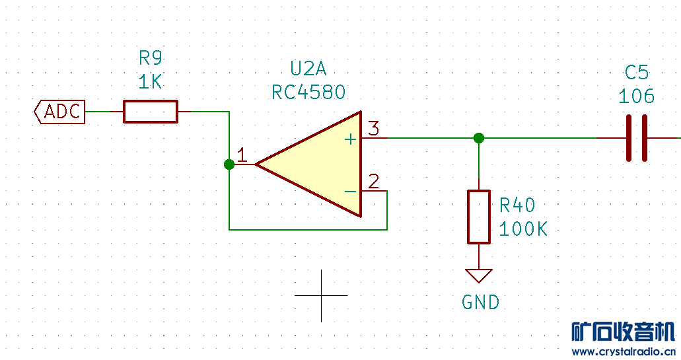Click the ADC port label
point(60,112)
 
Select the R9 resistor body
point(151,112)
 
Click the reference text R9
point(151,57)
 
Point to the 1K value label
point(151,82)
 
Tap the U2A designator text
point(308,68)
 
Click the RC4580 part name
point(308,92)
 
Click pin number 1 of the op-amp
point(242,156)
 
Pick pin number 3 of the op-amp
point(374,129)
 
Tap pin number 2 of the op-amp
point(374,182)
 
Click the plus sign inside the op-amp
point(350,139)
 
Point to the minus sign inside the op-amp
point(350,191)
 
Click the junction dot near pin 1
point(229,164)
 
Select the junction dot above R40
point(479,138)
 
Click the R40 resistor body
point(479,217)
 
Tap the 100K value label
point(523,229)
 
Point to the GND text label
point(480,303)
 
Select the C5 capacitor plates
point(636,138)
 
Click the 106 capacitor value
point(636,96)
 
